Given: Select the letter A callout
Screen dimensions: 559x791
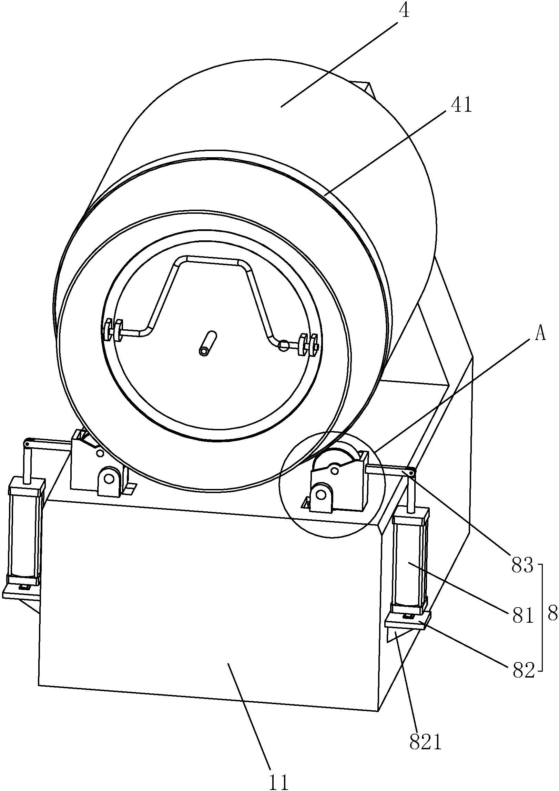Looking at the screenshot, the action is [540, 334].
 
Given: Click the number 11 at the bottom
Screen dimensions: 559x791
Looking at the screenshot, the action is [279, 780].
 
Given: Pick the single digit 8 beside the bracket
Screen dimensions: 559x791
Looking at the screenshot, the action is [552, 614].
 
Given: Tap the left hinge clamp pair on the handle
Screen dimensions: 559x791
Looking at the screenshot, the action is [113, 330].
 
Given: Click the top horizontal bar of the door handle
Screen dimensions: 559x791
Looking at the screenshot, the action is [212, 260].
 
